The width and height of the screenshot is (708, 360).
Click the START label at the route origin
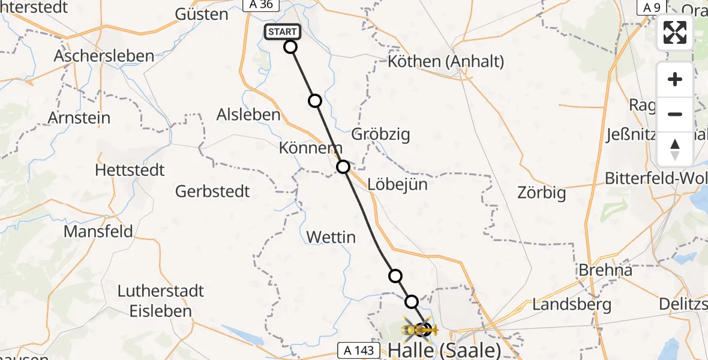coord(281,32)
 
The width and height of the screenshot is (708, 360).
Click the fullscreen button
coord(675,32)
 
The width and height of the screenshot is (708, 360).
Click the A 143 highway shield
coord(359,349)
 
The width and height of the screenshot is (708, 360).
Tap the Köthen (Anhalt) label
coord(446,61)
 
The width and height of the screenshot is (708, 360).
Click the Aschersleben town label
coord(104,56)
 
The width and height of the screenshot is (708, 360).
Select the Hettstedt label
coord(130,170)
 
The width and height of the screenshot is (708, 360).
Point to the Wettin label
coord(331,238)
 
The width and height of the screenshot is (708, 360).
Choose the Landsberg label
coord(572,304)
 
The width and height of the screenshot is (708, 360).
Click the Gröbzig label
coord(381,134)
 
